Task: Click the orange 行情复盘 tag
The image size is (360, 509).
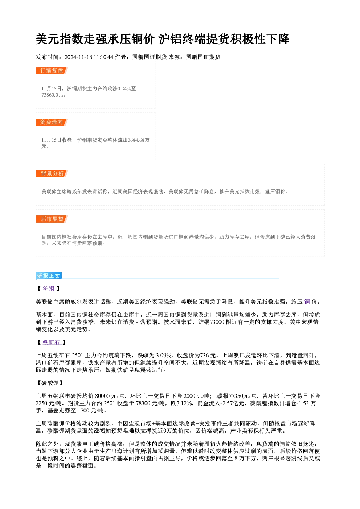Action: point(52,71)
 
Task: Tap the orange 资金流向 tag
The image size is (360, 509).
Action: point(52,122)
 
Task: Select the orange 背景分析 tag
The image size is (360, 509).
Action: point(52,174)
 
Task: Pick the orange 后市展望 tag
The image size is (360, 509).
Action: point(52,219)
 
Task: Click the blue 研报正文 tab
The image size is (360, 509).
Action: point(49,276)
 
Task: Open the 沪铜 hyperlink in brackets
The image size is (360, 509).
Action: point(49,288)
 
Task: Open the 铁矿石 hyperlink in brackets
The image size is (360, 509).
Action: point(52,342)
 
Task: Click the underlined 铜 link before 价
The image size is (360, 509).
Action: point(307,302)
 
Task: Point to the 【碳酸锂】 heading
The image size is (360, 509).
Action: point(50,383)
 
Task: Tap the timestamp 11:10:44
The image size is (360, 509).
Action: point(103,57)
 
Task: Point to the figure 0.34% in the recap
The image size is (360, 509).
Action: point(124,89)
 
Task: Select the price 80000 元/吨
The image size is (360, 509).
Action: point(110,396)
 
